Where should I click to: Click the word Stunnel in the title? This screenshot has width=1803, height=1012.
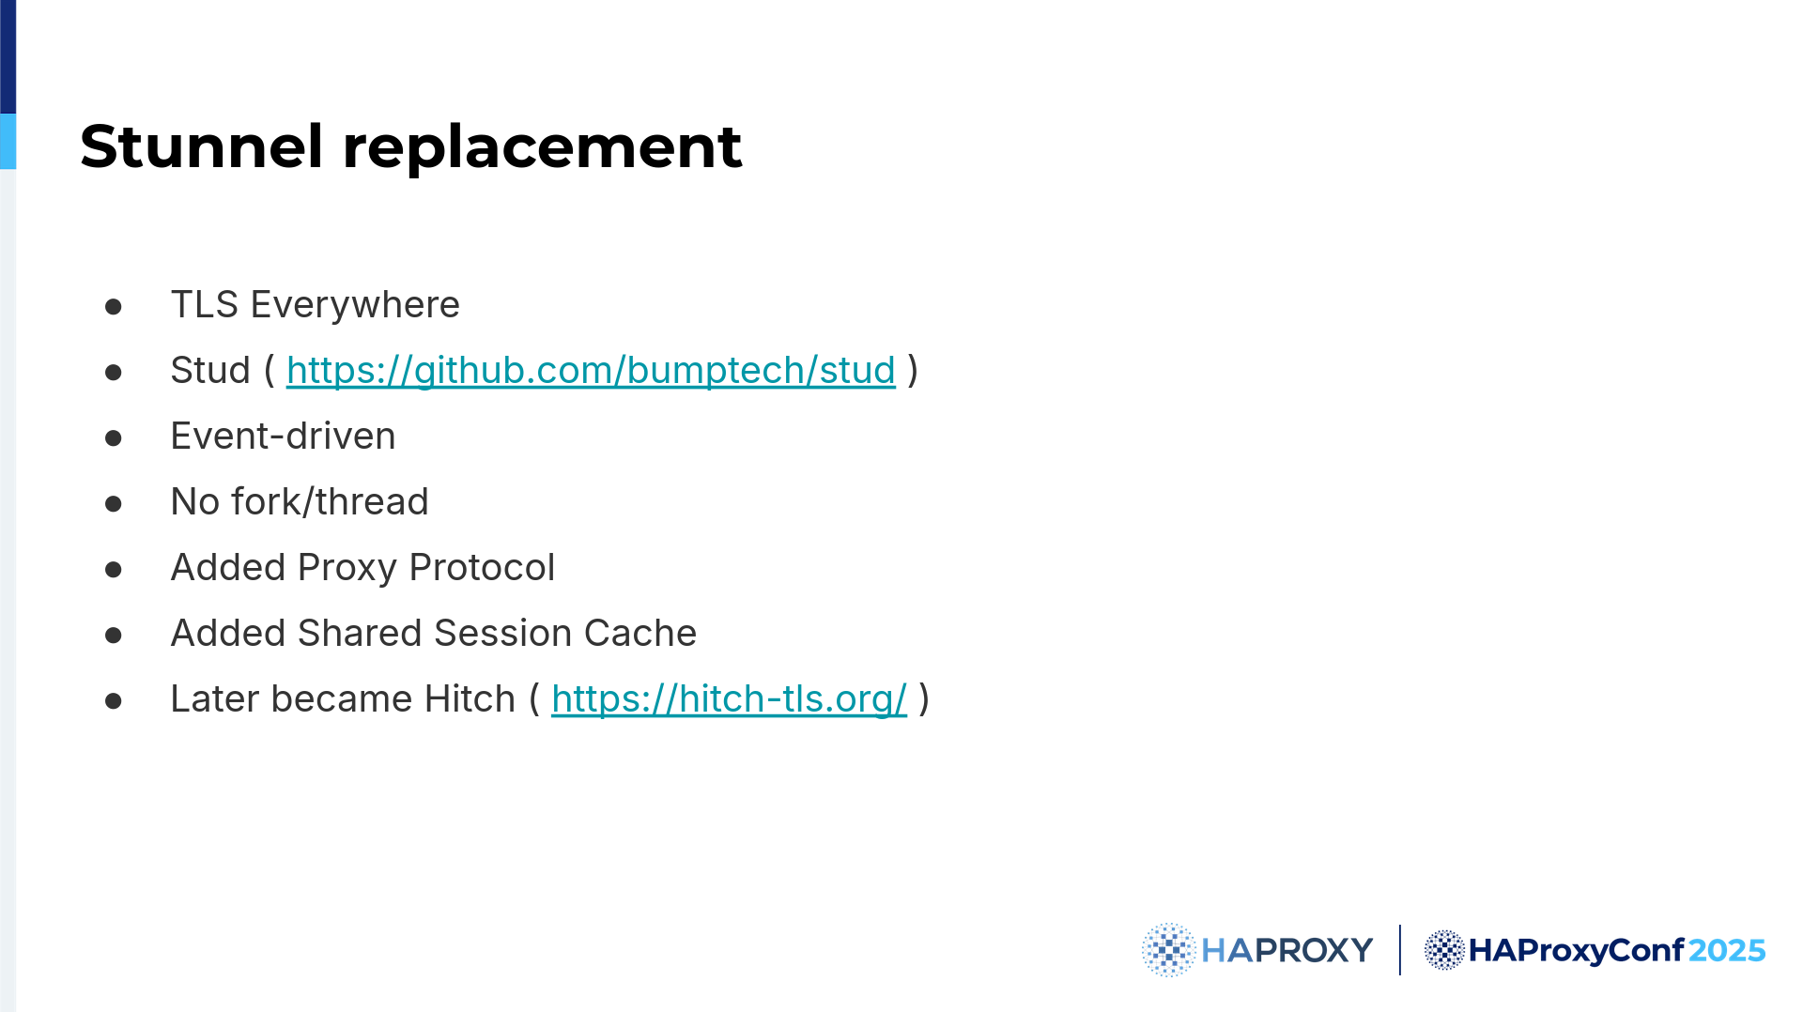click(x=202, y=146)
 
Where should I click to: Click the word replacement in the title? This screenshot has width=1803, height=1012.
click(x=542, y=148)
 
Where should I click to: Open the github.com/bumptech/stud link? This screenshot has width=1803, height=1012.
click(x=591, y=371)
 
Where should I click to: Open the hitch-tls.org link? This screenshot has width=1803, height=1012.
click(x=729, y=699)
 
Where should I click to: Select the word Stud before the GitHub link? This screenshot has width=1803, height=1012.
click(x=210, y=371)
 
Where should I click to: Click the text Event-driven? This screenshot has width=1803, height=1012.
click(x=283, y=437)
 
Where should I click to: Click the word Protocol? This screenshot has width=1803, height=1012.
click(x=482, y=568)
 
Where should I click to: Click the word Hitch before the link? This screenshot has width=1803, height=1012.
click(x=470, y=699)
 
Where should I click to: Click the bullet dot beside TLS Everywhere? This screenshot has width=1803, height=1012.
click(x=114, y=307)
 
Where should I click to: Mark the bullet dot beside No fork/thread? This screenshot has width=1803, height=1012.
click(x=114, y=504)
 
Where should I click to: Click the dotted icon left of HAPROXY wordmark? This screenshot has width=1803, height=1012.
click(x=1168, y=950)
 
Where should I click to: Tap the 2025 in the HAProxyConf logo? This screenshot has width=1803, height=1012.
click(x=1727, y=951)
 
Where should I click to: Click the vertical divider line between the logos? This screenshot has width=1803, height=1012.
click(x=1399, y=950)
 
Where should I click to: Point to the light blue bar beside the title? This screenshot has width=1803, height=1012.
click(x=8, y=142)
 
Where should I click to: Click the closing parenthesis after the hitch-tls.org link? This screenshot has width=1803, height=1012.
click(x=924, y=699)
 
